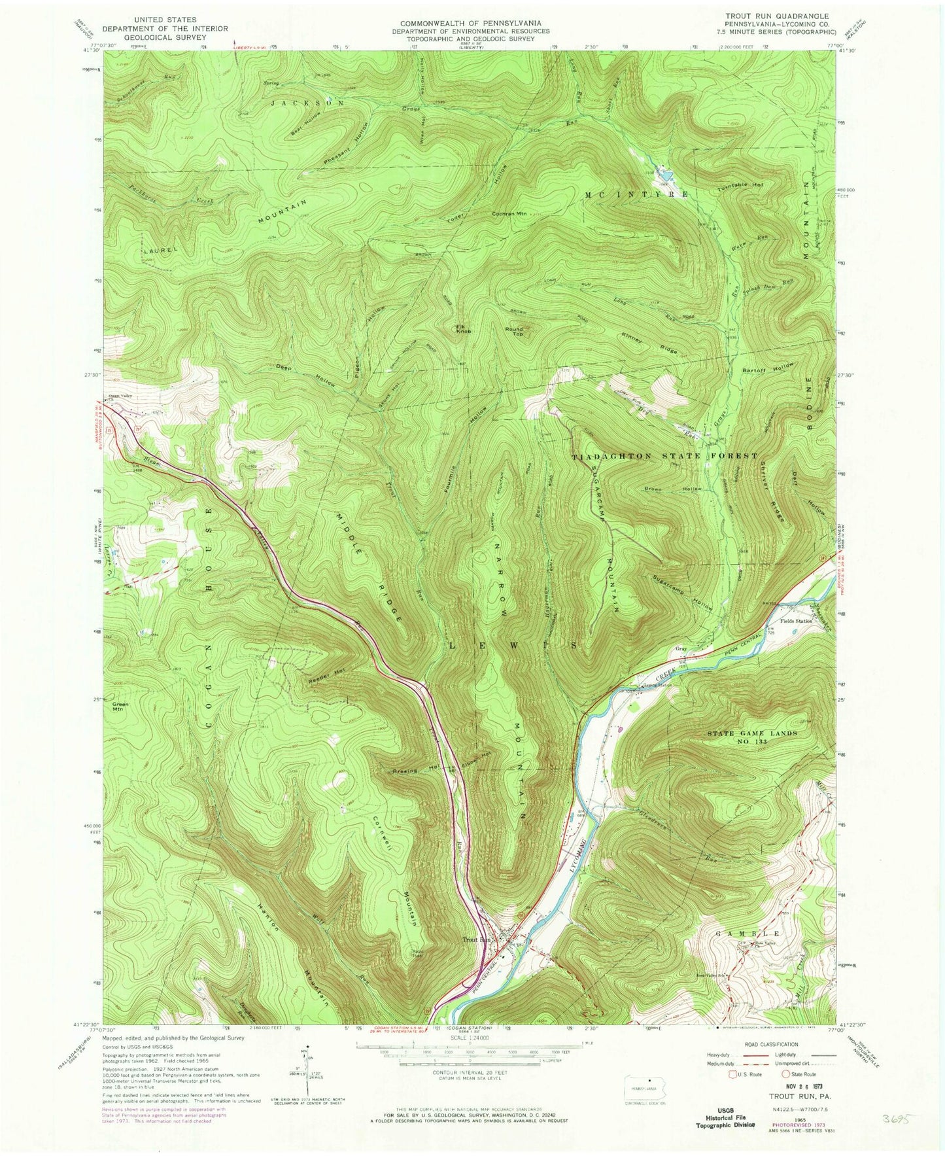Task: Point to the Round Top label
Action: click(x=515, y=332)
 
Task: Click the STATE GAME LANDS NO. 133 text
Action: click(x=752, y=737)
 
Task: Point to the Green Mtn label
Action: click(x=121, y=707)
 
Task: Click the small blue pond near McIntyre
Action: click(x=665, y=175)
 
